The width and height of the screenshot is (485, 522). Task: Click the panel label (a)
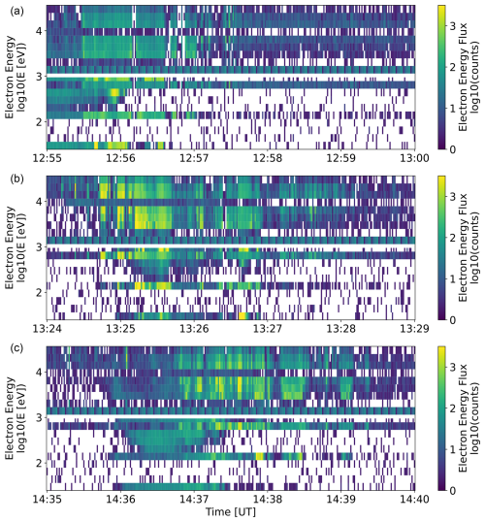[x=17, y=12]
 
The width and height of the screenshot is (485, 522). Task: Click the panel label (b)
[x=17, y=179]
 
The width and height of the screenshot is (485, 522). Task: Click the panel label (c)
[x=17, y=348]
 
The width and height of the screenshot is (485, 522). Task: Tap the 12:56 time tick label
[x=120, y=158]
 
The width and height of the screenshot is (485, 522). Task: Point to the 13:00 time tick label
[x=414, y=158]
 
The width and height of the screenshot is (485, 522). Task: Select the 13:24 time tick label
[x=47, y=329]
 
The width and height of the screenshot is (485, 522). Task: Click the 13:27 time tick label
[x=268, y=329]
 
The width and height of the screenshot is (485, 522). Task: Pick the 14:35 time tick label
[x=47, y=499]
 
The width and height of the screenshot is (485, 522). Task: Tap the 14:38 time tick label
[x=268, y=499]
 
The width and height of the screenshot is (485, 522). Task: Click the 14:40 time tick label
[x=414, y=499]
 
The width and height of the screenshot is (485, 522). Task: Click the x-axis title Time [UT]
[x=231, y=512]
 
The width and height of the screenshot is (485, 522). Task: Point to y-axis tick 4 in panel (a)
[x=40, y=31]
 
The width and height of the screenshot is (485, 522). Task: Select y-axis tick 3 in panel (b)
[x=40, y=247]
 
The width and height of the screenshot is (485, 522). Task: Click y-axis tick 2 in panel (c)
[x=40, y=463]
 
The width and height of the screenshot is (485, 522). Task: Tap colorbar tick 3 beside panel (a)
[x=452, y=26]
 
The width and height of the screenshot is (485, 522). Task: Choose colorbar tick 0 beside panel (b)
[x=452, y=320]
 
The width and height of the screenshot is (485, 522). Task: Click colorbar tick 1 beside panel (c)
[x=452, y=449]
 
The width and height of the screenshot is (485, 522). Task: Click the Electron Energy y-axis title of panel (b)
[x=16, y=247]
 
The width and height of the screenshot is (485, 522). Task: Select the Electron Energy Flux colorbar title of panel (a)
[x=468, y=77]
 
